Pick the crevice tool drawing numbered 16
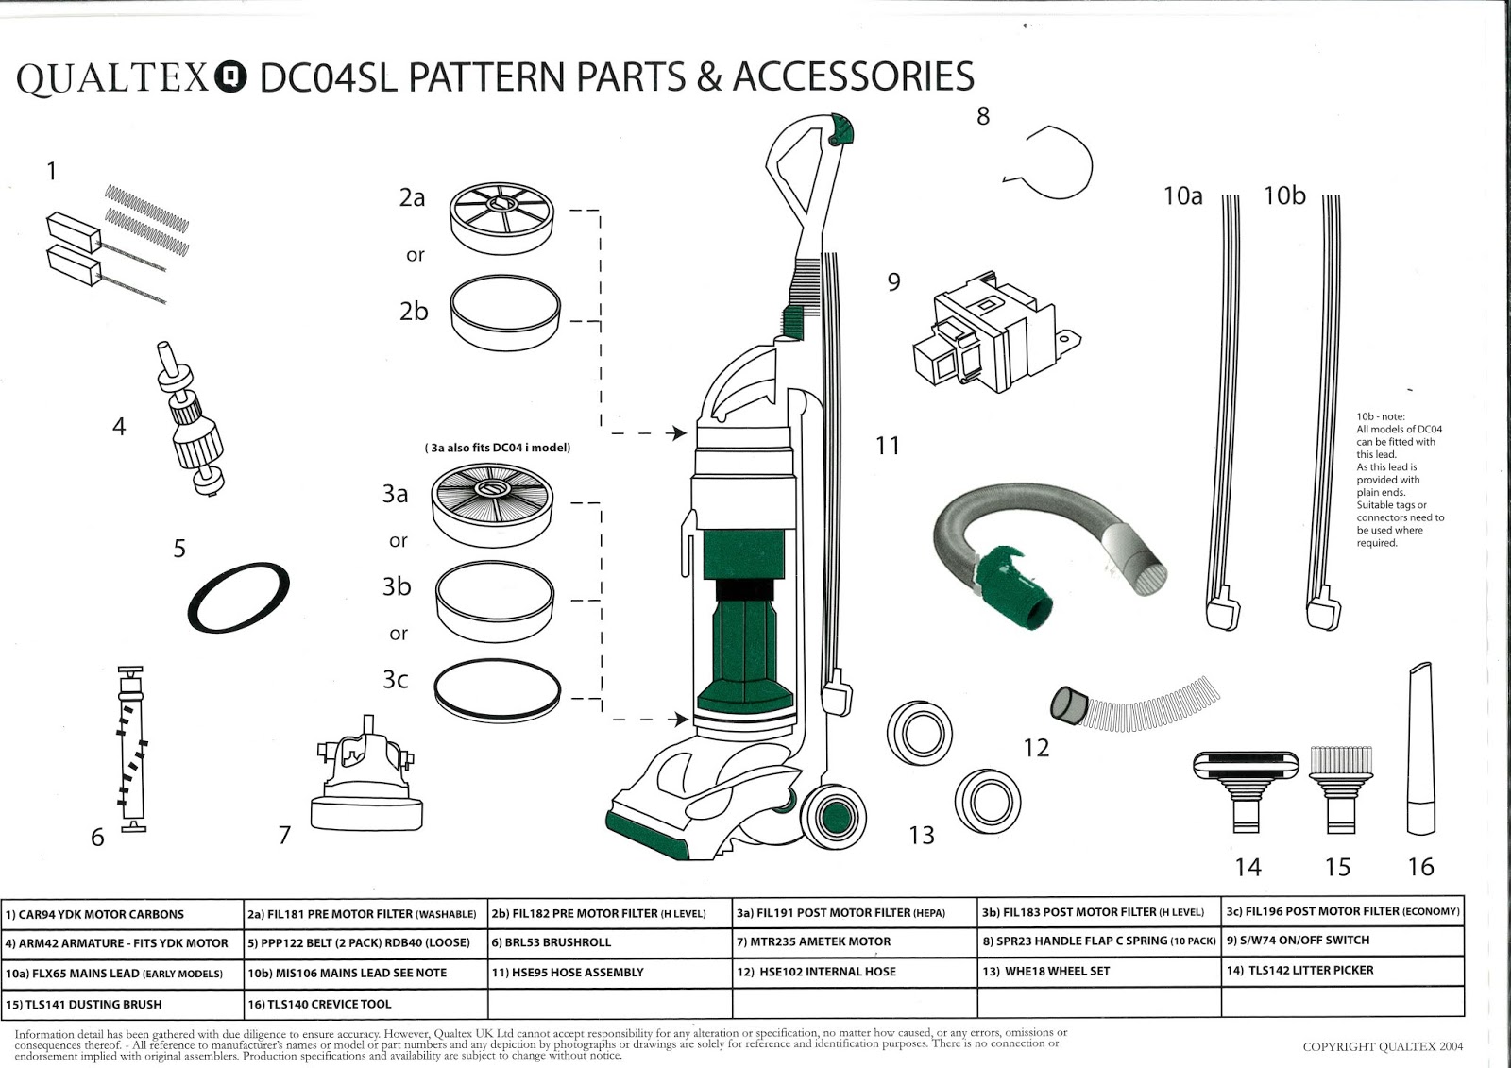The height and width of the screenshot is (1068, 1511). pos(1420,751)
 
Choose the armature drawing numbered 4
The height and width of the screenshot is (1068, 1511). pos(194,420)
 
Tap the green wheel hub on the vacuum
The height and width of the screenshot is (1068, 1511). pos(832,814)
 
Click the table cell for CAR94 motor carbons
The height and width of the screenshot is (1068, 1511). pos(123,914)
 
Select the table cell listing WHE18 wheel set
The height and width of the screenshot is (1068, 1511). pos(1099,971)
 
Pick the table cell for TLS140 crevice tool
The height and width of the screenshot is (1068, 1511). pos(365,1004)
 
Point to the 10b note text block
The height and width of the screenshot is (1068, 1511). pos(1400,480)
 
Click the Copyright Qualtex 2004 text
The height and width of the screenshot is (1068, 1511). pos(1383,1046)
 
